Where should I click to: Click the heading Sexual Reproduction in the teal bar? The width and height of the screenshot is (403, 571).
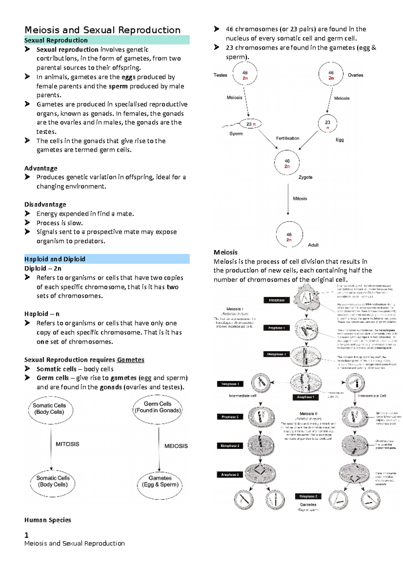[x=56, y=40]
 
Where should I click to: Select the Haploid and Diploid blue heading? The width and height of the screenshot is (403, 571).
[x=55, y=259]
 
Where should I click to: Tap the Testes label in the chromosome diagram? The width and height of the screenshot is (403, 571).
[x=220, y=75]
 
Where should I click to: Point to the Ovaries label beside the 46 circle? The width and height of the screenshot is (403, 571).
[x=355, y=75]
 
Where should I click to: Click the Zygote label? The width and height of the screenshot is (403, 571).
[x=305, y=177]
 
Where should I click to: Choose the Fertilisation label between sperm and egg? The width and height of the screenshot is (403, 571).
[x=287, y=138]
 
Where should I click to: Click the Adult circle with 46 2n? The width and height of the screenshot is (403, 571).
[x=289, y=235]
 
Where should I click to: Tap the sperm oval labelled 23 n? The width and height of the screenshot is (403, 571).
[x=251, y=124]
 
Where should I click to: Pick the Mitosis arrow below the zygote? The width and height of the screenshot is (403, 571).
[x=288, y=199]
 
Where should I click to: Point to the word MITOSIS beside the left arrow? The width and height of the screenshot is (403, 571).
[x=67, y=444]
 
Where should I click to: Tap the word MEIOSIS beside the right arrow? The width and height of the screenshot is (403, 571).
[x=176, y=446]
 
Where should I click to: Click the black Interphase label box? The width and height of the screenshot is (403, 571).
[x=276, y=300]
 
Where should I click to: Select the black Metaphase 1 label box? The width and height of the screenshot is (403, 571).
[x=276, y=354]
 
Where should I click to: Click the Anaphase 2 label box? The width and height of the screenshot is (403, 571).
[x=230, y=474]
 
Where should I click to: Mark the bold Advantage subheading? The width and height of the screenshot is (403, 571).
[x=41, y=168]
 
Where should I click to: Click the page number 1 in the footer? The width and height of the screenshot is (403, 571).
[x=27, y=535]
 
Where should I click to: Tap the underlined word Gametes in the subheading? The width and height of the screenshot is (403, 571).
[x=130, y=360]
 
